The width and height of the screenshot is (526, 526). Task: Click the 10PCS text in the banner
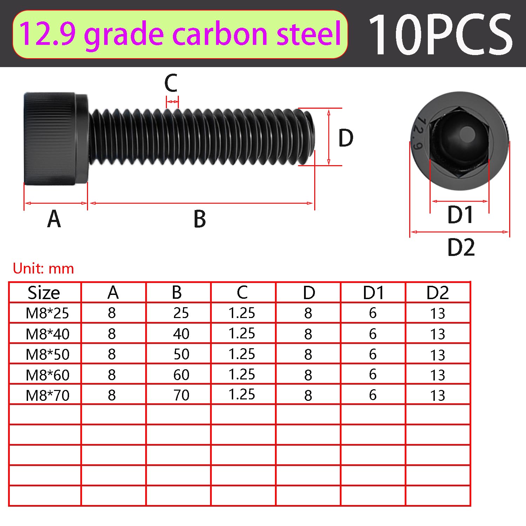coord(440,34)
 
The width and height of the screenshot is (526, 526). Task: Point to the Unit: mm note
coord(43,269)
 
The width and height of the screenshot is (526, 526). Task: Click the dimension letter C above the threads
coord(171,83)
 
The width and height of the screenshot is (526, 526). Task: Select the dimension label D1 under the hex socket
coord(460,215)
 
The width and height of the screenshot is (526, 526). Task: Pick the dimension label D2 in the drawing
coord(461,247)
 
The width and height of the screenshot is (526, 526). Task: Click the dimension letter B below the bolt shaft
coord(200,219)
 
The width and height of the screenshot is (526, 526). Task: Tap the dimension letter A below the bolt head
coord(54,219)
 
